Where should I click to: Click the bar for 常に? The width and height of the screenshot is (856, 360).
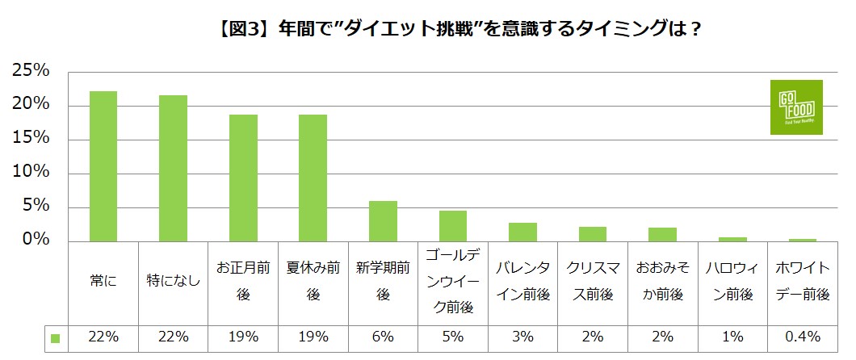point(103,166)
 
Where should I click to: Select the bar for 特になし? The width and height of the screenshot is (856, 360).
point(173,168)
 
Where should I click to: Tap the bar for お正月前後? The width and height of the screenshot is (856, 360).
point(243,178)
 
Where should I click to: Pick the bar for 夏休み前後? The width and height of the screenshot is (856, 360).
point(313,178)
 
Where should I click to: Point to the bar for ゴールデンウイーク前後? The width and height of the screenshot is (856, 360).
point(452,226)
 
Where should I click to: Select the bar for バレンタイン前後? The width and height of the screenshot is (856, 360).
point(522,232)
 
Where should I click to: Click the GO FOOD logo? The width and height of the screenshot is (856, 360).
point(795,107)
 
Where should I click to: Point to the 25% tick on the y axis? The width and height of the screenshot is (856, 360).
point(31,72)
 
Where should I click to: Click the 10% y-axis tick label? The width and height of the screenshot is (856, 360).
point(31,173)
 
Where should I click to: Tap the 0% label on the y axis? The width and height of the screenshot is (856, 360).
point(36,241)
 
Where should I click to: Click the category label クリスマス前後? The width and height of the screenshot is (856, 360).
point(592,282)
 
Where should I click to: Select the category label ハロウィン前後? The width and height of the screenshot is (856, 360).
point(732,282)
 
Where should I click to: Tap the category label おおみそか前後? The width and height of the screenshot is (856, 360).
point(661,282)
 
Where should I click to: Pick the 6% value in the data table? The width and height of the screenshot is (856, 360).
point(383,337)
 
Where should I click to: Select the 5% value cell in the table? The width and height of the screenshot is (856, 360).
point(452,337)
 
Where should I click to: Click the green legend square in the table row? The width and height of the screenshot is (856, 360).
point(56,337)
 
